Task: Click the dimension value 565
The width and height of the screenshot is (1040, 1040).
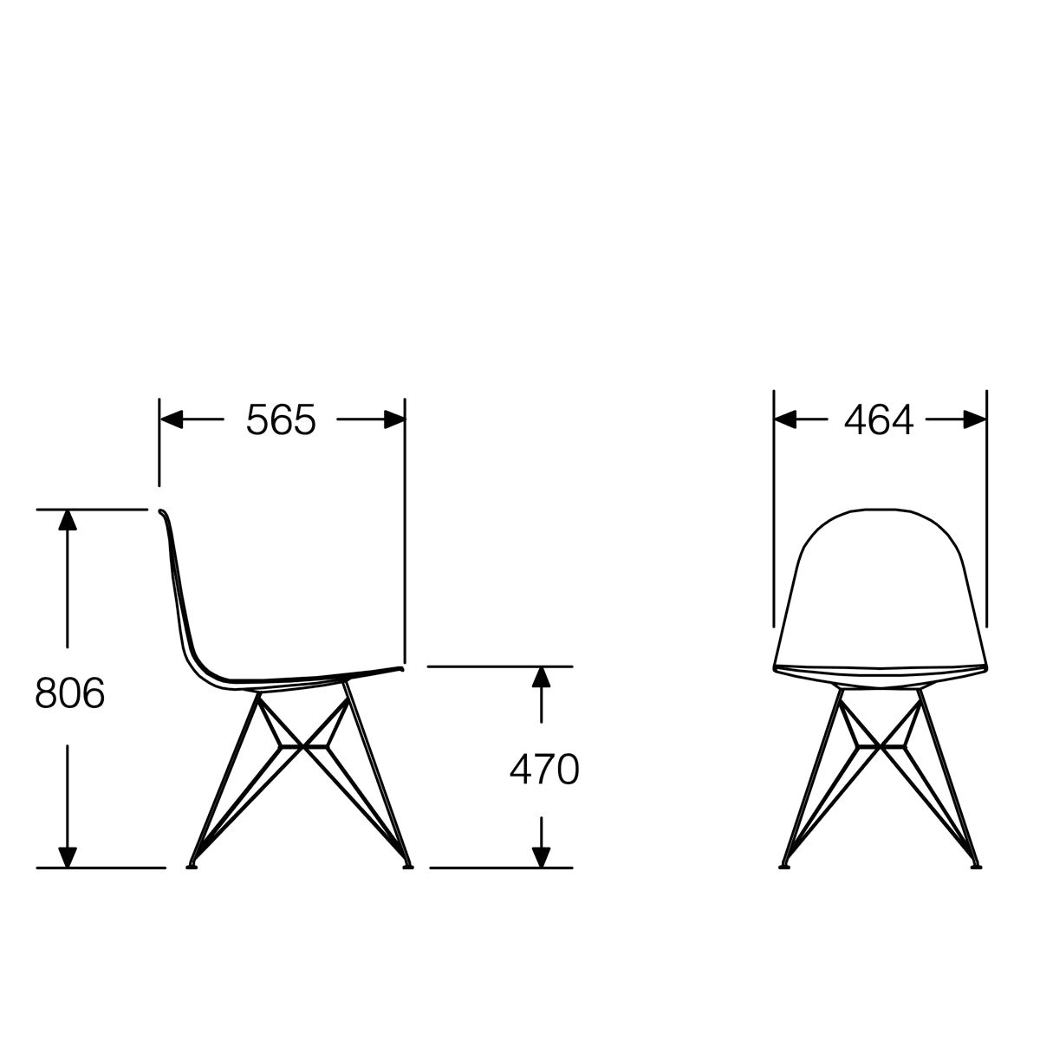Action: (281, 420)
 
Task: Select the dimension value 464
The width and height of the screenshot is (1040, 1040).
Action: (878, 420)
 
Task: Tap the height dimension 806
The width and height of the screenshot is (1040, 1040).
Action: (70, 693)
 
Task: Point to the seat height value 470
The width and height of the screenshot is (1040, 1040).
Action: (543, 769)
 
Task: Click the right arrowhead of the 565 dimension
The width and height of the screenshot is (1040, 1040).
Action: (394, 420)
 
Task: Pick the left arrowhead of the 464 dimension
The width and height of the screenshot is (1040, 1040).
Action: (785, 420)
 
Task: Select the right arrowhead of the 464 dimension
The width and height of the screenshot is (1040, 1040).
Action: (975, 420)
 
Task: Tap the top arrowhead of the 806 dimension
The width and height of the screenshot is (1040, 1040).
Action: (67, 520)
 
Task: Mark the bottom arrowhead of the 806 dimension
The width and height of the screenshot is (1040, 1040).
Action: (67, 856)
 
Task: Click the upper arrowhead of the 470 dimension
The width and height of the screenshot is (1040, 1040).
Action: (542, 677)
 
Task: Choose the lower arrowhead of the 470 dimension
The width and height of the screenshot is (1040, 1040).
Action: (542, 856)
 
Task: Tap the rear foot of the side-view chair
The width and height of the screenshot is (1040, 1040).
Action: (192, 864)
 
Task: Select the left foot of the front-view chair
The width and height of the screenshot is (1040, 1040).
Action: (785, 864)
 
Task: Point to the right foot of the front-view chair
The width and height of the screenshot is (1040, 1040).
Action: (976, 864)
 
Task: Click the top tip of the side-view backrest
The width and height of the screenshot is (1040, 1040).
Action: (161, 512)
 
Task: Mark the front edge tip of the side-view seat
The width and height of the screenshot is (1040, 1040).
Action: (402, 667)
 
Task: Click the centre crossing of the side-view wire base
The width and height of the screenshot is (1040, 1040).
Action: (303, 744)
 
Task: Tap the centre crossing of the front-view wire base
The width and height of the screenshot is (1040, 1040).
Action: (881, 744)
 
